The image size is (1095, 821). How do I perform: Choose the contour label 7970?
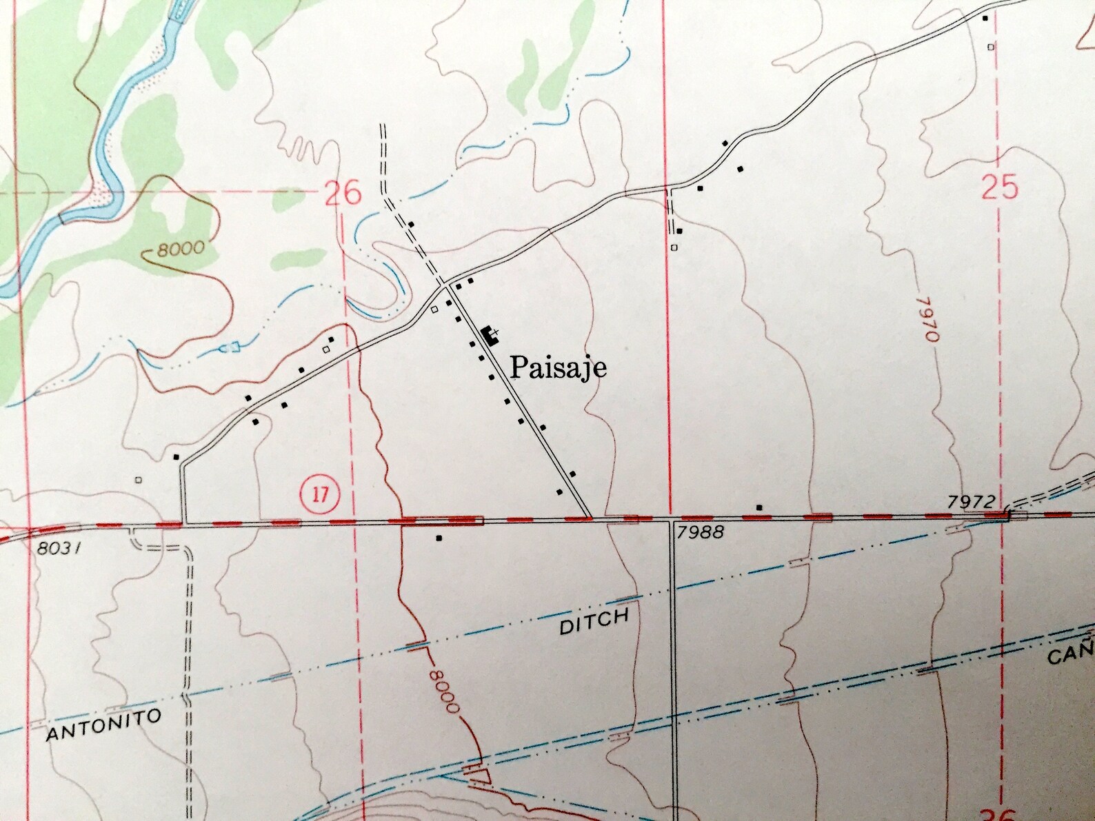pyautogui.click(x=930, y=319)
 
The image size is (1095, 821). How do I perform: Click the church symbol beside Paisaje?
pyautogui.click(x=492, y=336)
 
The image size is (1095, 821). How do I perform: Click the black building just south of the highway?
pyautogui.click(x=439, y=538)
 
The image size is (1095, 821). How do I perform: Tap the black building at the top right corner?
pyautogui.click(x=985, y=18)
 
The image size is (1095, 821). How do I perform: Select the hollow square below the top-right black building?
pyautogui.click(x=991, y=47)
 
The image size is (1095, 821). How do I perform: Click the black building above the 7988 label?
pyautogui.click(x=759, y=507)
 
